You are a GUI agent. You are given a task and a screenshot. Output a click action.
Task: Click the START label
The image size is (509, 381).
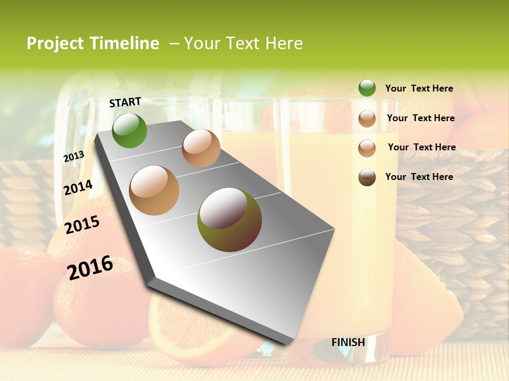point(125,102)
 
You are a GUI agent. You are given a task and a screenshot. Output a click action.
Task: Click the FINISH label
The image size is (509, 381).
point(348,342)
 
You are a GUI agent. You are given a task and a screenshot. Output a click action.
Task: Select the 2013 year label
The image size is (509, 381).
point(74,157)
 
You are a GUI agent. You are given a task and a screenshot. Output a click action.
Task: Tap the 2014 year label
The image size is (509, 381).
point(78,188)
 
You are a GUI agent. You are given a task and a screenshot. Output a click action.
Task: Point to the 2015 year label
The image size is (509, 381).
point(82,225)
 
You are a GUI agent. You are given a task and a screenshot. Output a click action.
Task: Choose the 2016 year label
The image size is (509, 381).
point(90,267)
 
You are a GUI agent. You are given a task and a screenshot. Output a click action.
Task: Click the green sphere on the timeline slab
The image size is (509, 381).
point(129,130)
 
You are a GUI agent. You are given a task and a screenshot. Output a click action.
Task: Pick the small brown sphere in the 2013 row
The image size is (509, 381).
point(201,148)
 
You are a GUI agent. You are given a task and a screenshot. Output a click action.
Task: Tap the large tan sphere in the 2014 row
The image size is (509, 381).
point(154,190)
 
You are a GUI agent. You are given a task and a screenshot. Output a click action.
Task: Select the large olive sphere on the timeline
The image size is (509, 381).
point(229,220)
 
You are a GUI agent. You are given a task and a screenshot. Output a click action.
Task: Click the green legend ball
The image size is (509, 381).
point(367,88)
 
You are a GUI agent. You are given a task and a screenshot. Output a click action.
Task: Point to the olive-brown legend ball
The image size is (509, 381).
point(367,177)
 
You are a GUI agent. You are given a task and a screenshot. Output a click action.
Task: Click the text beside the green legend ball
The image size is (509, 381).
point(419,89)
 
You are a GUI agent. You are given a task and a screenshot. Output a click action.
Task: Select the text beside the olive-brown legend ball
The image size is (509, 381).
point(419,177)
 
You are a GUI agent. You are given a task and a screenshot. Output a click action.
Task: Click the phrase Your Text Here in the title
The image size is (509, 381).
point(243,43)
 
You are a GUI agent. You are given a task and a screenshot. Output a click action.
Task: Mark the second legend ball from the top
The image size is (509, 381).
point(367,119)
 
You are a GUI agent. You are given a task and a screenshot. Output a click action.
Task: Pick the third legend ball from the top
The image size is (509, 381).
point(367,148)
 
